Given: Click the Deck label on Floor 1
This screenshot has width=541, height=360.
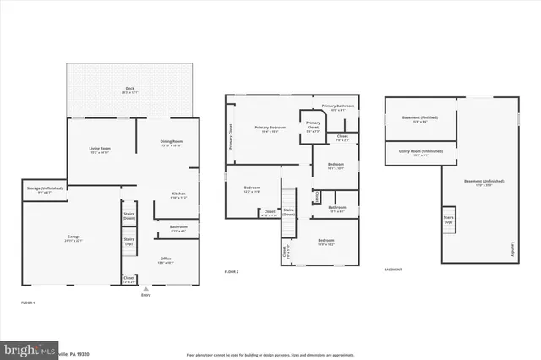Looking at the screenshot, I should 130,88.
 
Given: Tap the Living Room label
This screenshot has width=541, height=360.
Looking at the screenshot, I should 101,150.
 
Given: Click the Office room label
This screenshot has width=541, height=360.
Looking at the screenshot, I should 165,260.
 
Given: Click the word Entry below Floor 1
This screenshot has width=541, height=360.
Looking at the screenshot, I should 146,295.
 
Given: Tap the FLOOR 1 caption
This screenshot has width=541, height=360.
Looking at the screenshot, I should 28,302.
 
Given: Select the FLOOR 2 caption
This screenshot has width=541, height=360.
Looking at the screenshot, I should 232,271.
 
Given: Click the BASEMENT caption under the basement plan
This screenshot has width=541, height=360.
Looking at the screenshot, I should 393,270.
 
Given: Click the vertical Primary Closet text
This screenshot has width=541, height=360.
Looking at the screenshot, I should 231,136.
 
